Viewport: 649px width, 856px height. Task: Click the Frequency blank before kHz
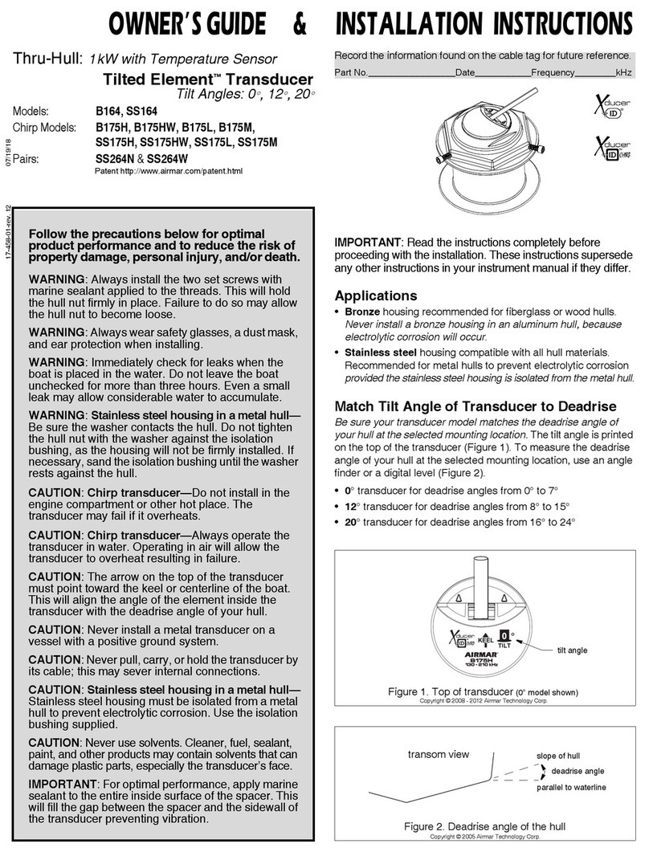point(594,73)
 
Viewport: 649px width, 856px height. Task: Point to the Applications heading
point(376,296)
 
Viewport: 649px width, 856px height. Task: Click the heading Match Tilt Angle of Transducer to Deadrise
point(476,406)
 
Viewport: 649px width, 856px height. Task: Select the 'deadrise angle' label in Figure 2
point(577,771)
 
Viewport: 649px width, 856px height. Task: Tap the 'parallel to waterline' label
point(571,788)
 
